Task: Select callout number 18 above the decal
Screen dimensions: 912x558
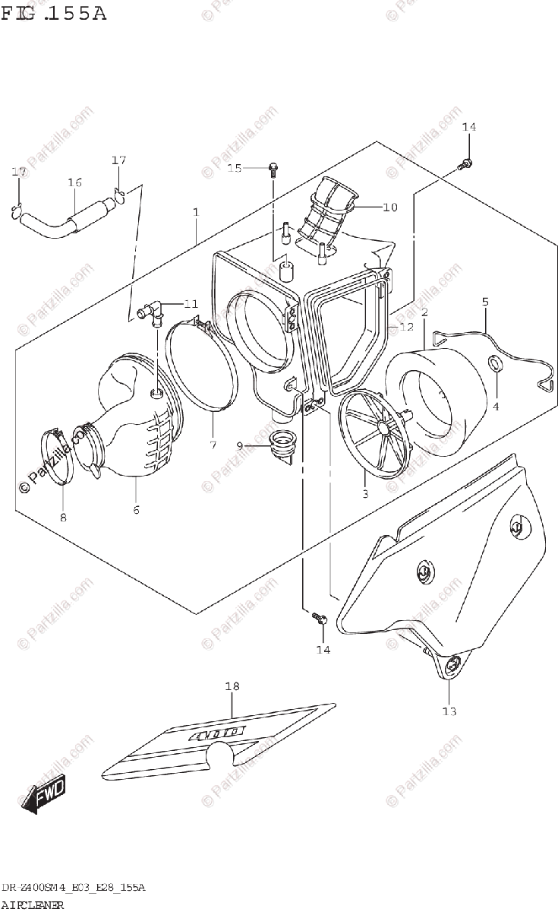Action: pos(232,686)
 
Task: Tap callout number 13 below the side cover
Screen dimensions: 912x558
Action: pos(449,711)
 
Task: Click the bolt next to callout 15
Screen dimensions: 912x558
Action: pos(272,167)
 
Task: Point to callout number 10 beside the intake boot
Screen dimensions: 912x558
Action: pos(390,207)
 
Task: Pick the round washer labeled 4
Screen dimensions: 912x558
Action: pos(495,364)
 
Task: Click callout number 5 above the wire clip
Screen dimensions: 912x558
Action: pos(484,302)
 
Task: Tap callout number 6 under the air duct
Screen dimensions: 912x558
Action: pos(136,510)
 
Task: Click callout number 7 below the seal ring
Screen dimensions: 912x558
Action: pos(213,445)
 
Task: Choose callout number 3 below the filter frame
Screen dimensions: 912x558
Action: pos(364,494)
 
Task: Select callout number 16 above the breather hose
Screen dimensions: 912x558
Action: pos(74,182)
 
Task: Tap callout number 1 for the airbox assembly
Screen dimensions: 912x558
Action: pos(195,211)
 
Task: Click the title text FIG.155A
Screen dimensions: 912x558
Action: pos(54,13)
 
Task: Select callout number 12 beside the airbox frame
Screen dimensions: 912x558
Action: pos(407,327)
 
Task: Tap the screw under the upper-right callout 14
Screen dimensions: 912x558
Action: pos(467,163)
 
